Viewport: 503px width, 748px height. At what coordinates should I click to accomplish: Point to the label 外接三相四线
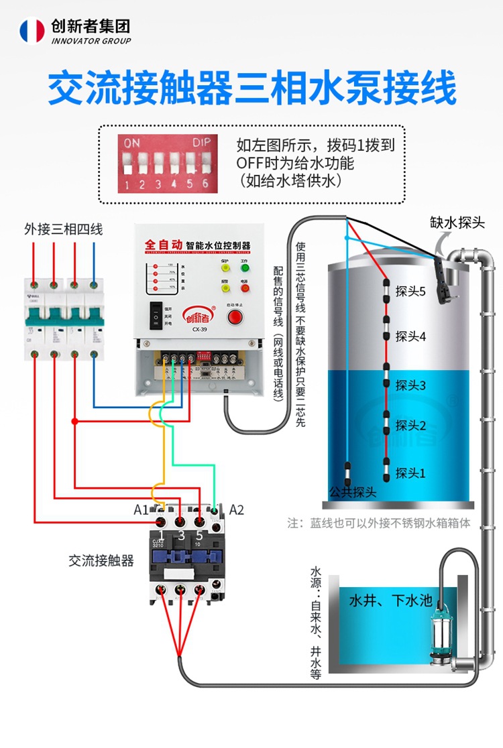coord(64,230)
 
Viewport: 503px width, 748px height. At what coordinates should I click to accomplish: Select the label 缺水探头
coord(457,223)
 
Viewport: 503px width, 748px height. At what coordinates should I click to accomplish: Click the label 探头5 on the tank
coord(410,292)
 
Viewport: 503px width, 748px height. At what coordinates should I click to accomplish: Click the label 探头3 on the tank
coord(410,385)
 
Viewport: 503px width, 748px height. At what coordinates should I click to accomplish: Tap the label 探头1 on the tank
coord(410,473)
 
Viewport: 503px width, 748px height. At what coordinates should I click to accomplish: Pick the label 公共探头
coord(353,492)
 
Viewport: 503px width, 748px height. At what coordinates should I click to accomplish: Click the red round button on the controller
coord(235,316)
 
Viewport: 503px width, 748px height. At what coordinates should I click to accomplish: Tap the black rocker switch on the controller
coord(156,315)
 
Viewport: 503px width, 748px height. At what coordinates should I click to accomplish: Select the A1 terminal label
coord(141,510)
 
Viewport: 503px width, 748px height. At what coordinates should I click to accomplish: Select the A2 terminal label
coord(237,510)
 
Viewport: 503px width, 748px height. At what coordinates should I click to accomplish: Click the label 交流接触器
coord(101,560)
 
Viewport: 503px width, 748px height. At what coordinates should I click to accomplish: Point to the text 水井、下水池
coord(390,601)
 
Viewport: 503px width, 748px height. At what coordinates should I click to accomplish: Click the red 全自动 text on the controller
coord(164,245)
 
